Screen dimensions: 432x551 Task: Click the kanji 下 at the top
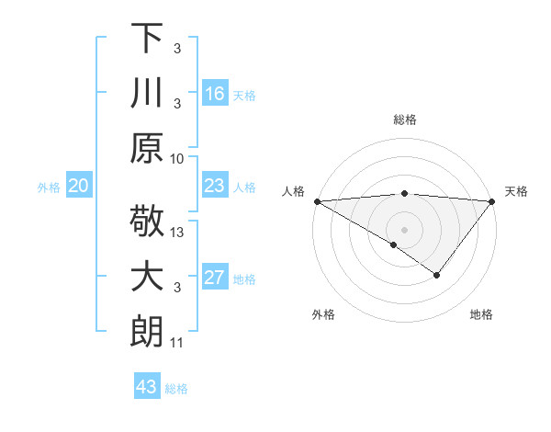147,40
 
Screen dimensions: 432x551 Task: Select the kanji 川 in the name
147,93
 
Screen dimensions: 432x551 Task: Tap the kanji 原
147,147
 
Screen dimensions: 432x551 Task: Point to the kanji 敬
147,222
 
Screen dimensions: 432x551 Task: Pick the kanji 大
147,278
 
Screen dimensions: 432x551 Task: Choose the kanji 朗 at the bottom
147,332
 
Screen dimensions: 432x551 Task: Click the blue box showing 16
215,94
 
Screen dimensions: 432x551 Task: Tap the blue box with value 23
215,187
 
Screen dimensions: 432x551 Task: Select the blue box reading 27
215,279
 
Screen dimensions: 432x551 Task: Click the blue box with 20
79,187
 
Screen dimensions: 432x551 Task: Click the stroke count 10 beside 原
177,158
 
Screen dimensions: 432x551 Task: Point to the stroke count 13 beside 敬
177,233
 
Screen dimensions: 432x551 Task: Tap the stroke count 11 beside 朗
177,344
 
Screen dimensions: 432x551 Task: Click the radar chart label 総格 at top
405,120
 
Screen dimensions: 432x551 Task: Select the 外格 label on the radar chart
323,315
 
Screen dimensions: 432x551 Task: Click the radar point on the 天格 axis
491,201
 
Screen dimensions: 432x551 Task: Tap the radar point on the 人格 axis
317,201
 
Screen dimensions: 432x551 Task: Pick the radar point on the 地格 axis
437,275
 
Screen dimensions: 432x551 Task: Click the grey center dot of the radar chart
404,229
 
